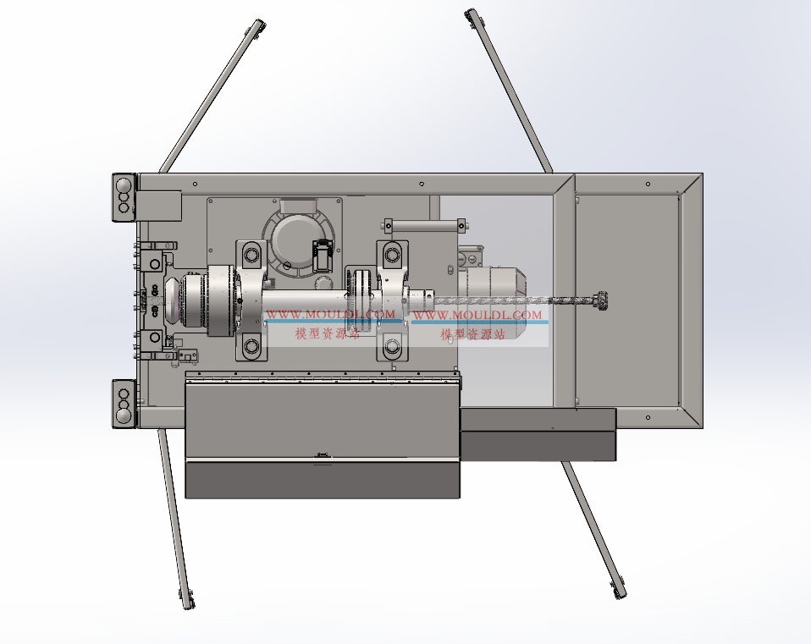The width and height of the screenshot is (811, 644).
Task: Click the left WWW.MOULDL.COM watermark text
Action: (331, 314)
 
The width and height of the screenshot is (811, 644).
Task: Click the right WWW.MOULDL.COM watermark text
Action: (477, 314)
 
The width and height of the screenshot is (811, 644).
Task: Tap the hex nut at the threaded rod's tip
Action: (602, 300)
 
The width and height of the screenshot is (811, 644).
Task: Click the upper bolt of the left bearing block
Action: (252, 255)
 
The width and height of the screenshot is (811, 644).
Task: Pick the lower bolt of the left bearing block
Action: (252, 345)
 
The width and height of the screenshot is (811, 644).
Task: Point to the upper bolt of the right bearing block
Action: (392, 255)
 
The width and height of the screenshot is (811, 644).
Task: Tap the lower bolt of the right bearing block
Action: (392, 345)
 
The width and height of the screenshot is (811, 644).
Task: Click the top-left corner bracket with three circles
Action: (124, 197)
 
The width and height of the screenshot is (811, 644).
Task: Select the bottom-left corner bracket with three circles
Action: (124, 404)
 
